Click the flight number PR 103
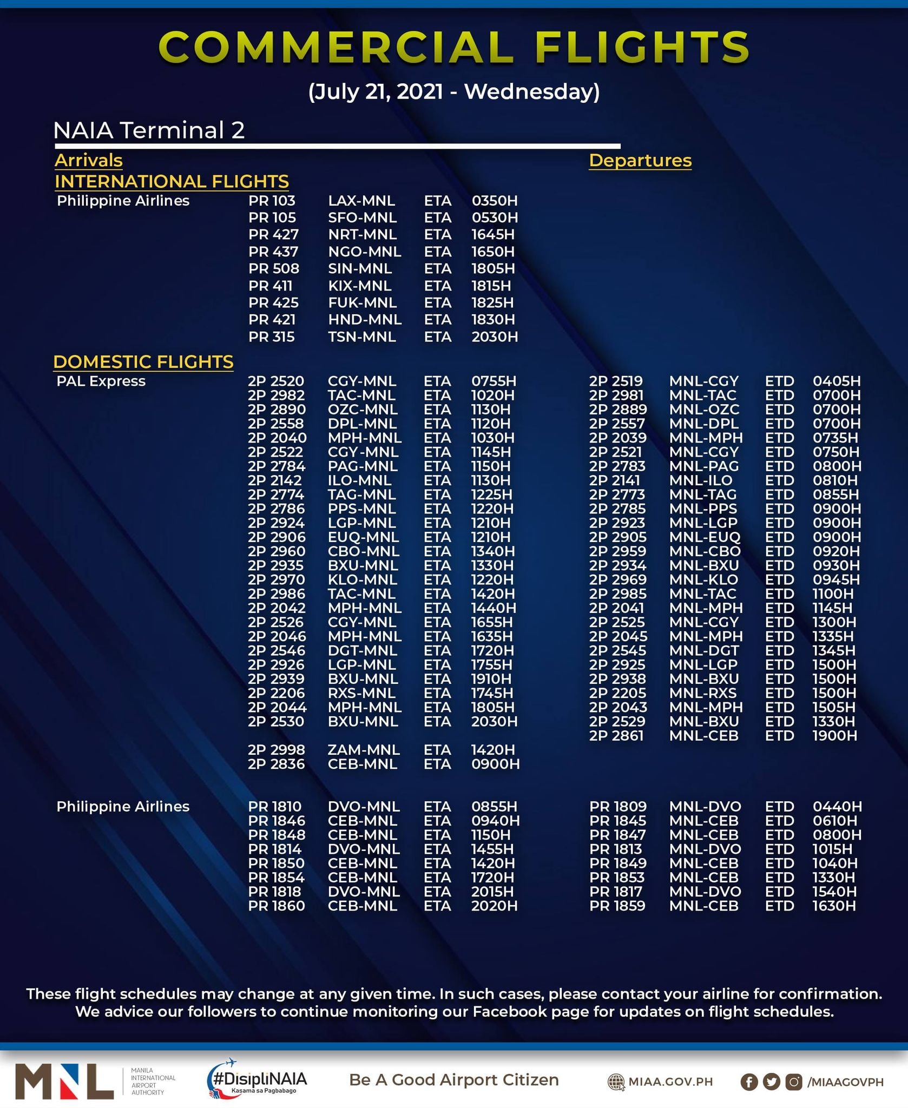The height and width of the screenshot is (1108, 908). coord(272,201)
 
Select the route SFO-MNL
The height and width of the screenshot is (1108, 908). coord(362,217)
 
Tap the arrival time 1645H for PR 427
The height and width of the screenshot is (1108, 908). coord(493,235)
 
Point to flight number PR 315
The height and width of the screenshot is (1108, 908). coord(271,337)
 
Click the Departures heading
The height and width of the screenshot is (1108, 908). coord(640,161)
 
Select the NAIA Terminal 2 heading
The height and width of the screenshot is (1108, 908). coord(149,130)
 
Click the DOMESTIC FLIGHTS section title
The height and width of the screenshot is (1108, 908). coord(143,361)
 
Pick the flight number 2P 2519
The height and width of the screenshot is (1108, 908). coord(616,381)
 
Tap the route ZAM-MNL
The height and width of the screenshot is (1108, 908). coord(364,750)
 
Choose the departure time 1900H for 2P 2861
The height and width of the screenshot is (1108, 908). coord(834,736)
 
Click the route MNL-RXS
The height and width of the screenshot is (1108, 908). coord(704,693)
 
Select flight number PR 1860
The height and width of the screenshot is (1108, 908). coord(276,906)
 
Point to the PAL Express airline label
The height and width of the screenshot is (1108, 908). coord(101,381)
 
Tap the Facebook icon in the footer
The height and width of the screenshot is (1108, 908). coord(749,1081)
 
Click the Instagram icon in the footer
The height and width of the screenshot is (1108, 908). coord(794,1081)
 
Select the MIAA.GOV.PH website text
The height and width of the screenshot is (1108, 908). coord(670,1081)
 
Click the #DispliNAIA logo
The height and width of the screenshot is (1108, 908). coord(257,1079)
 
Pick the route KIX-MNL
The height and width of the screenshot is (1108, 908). coord(359,286)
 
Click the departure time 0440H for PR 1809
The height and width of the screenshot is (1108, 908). coord(837,807)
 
